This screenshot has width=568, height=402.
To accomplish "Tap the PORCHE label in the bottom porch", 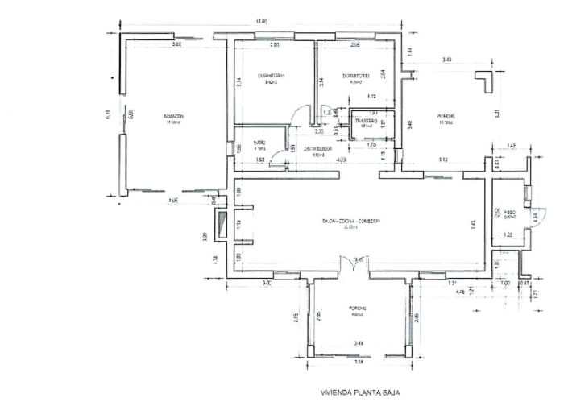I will (358, 309).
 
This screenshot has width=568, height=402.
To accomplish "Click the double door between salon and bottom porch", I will (348, 264).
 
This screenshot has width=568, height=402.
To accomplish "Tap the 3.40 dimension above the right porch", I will (446, 60).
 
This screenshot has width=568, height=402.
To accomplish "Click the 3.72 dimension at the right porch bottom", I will (442, 160).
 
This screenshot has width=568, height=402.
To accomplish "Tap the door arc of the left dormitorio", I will (300, 114).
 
